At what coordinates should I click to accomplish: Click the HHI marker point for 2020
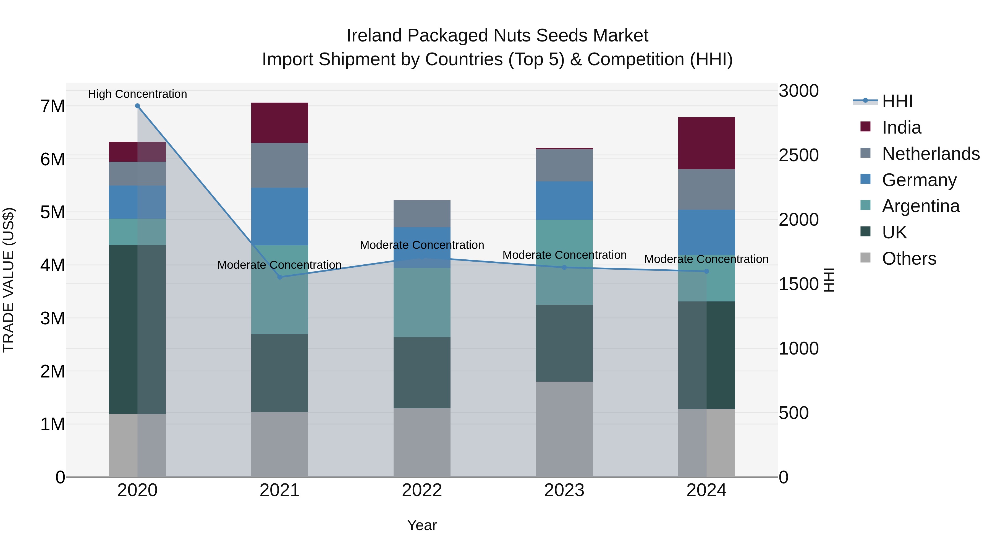(138, 106)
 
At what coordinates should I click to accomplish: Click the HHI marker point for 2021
(280, 277)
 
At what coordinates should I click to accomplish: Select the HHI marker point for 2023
(564, 267)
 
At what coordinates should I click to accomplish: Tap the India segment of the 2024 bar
(706, 143)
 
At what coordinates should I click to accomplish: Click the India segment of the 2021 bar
(280, 123)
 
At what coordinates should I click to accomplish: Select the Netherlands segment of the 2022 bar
(422, 214)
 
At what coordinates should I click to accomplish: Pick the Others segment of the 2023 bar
(564, 429)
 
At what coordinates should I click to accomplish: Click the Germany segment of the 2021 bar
(280, 217)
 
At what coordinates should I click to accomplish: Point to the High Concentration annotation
(138, 94)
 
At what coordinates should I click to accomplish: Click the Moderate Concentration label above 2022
(422, 245)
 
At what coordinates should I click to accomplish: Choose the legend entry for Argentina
(920, 206)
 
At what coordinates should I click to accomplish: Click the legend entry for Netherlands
(931, 153)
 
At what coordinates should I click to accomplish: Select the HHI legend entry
(897, 101)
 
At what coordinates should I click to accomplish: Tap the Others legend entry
(909, 259)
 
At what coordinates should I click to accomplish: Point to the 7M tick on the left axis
(53, 106)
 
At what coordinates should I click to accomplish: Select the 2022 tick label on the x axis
(422, 490)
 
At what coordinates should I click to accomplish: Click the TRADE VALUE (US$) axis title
(9, 280)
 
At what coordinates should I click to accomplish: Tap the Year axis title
(422, 525)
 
